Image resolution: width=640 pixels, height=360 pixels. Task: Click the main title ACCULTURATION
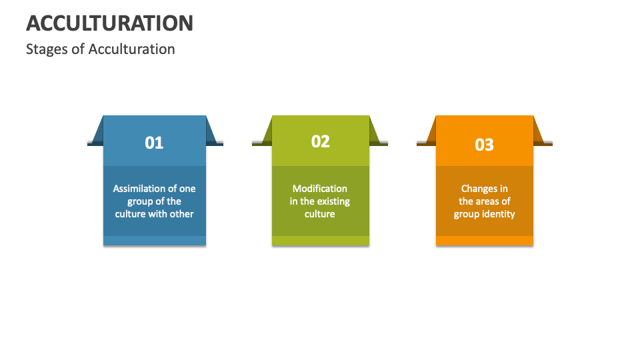(x=109, y=23)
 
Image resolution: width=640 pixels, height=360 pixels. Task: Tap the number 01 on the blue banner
(x=154, y=143)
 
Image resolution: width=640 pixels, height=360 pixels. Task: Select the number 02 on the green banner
(x=321, y=141)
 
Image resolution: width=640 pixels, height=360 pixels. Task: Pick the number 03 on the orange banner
(x=484, y=144)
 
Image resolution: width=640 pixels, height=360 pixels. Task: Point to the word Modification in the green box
(x=320, y=189)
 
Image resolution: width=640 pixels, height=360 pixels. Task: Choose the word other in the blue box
(x=181, y=214)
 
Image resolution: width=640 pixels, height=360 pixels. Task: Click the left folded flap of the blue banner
(x=97, y=133)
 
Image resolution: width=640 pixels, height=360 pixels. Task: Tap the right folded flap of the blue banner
(x=213, y=133)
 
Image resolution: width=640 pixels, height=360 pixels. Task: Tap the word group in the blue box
(x=140, y=201)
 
